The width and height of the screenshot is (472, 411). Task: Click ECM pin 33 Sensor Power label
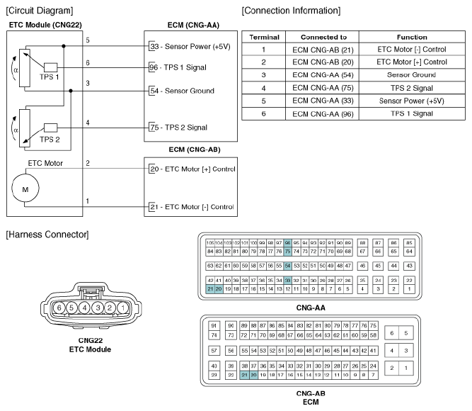(188, 46)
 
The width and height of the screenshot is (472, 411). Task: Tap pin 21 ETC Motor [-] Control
(191, 206)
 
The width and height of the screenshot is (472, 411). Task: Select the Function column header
(411, 37)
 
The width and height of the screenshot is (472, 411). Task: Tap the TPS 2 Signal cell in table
(411, 88)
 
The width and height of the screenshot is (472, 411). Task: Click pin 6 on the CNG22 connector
(61, 308)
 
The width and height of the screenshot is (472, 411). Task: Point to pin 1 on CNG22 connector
(122, 308)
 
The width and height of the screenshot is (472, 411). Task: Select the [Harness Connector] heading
(47, 234)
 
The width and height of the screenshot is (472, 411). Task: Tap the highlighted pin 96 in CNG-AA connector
(287, 242)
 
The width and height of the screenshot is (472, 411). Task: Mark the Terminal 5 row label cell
(263, 101)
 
